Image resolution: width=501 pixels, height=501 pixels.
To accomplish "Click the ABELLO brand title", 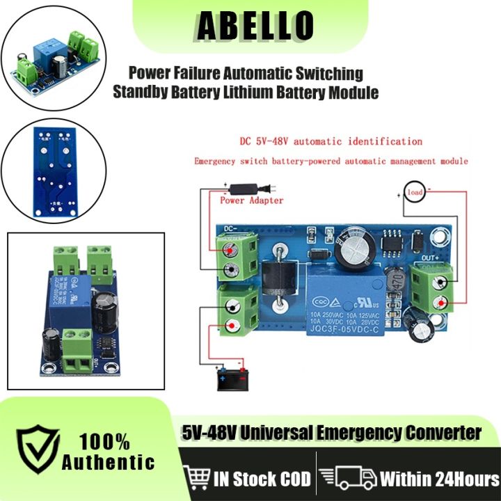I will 255,26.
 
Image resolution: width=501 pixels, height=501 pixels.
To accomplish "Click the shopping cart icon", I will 198,479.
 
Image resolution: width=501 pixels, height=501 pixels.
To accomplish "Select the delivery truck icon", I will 346,479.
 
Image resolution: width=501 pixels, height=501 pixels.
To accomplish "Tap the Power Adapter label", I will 251,200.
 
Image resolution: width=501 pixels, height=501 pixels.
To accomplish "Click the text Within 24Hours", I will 439,479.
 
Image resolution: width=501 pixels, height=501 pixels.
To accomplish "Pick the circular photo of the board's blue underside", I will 54,170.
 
